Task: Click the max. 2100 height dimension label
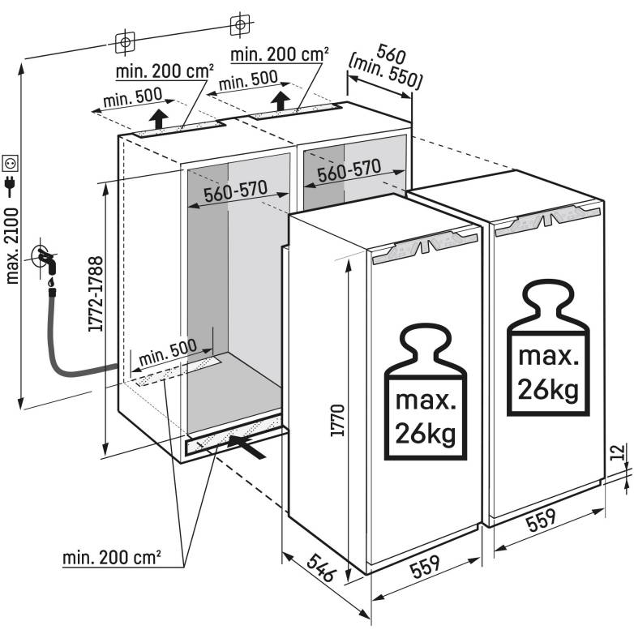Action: (x=12, y=246)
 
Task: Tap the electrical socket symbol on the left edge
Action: (x=11, y=163)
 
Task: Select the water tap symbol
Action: (x=45, y=259)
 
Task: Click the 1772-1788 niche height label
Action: (x=96, y=294)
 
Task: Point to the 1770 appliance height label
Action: (x=336, y=421)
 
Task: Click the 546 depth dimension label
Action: (x=321, y=568)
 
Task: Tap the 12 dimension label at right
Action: (x=617, y=452)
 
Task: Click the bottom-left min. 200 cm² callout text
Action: (x=112, y=558)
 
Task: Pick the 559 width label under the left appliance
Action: (x=424, y=566)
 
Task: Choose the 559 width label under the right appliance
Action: (x=540, y=520)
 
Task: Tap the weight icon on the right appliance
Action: (x=548, y=347)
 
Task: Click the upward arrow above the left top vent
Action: (x=159, y=119)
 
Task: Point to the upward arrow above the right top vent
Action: (x=280, y=101)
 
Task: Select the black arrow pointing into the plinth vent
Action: (x=246, y=447)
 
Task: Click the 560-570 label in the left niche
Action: (x=236, y=191)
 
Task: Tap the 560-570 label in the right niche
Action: (x=349, y=170)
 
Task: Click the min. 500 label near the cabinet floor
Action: (x=168, y=352)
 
